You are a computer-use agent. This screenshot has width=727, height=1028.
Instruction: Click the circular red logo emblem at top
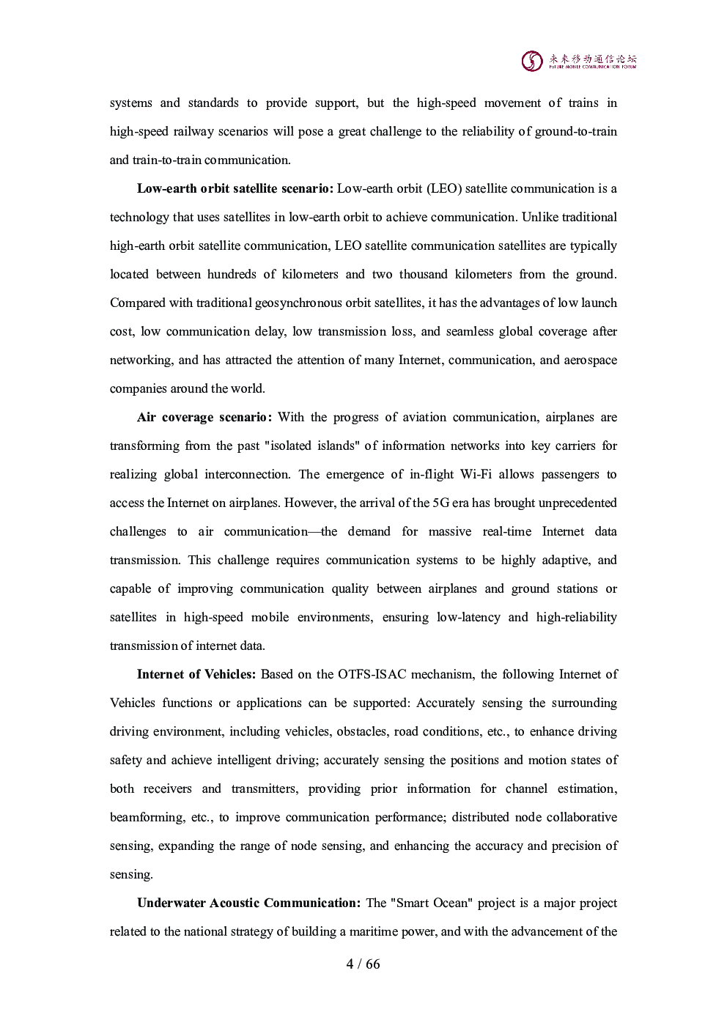(x=532, y=61)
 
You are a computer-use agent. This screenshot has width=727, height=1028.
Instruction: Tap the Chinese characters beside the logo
(x=593, y=58)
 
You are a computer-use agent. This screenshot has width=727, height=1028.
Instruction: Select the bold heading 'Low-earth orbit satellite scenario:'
(x=235, y=189)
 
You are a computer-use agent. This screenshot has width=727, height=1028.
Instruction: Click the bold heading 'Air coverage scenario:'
(x=204, y=418)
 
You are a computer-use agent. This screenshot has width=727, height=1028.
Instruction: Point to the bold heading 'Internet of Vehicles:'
(x=196, y=675)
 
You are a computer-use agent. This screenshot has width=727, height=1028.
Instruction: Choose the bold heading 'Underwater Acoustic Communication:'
(x=248, y=903)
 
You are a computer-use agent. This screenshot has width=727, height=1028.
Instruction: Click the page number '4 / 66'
(x=363, y=964)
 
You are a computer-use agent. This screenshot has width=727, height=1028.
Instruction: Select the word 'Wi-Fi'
(x=476, y=475)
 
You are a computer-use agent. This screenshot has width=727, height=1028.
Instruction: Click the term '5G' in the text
(x=442, y=503)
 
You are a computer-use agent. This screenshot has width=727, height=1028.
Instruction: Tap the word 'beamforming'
(x=147, y=818)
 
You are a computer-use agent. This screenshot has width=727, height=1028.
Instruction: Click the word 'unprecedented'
(x=577, y=503)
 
